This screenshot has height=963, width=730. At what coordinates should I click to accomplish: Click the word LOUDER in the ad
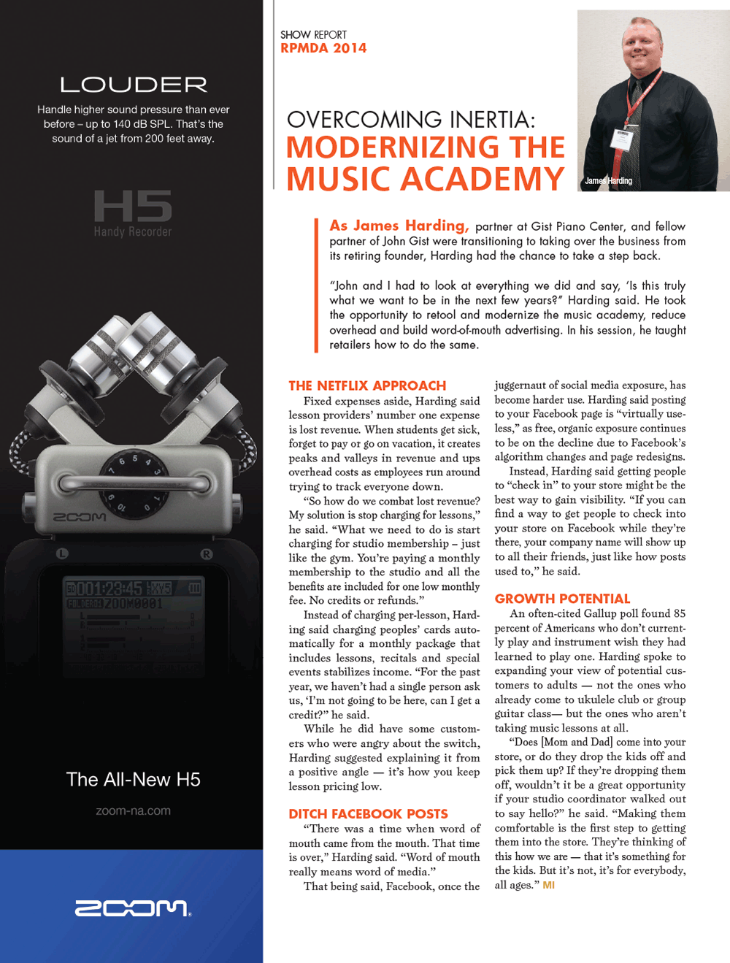[x=134, y=85]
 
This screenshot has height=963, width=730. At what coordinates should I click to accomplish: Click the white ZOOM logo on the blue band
[x=132, y=908]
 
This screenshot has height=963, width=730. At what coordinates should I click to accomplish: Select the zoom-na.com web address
[x=133, y=811]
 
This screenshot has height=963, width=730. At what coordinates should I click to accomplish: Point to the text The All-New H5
[x=133, y=780]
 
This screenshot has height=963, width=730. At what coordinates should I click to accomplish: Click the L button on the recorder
[x=62, y=554]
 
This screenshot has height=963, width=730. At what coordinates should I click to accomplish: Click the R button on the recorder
[x=207, y=554]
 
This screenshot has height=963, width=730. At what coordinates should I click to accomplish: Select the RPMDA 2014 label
[x=323, y=49]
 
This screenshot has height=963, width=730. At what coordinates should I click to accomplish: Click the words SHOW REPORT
[x=313, y=34]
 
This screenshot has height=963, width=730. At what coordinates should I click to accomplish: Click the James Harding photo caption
[x=608, y=180]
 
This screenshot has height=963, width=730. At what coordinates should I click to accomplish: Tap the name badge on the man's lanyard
[x=621, y=139]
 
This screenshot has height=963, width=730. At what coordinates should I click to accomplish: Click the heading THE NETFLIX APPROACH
[x=367, y=385]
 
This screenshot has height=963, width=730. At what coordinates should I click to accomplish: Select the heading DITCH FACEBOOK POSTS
[x=368, y=814]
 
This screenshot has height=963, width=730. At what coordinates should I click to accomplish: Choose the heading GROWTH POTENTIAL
[x=562, y=599]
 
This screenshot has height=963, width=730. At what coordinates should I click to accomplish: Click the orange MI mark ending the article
[x=548, y=885]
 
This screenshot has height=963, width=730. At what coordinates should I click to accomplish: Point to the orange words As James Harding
[x=398, y=226]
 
